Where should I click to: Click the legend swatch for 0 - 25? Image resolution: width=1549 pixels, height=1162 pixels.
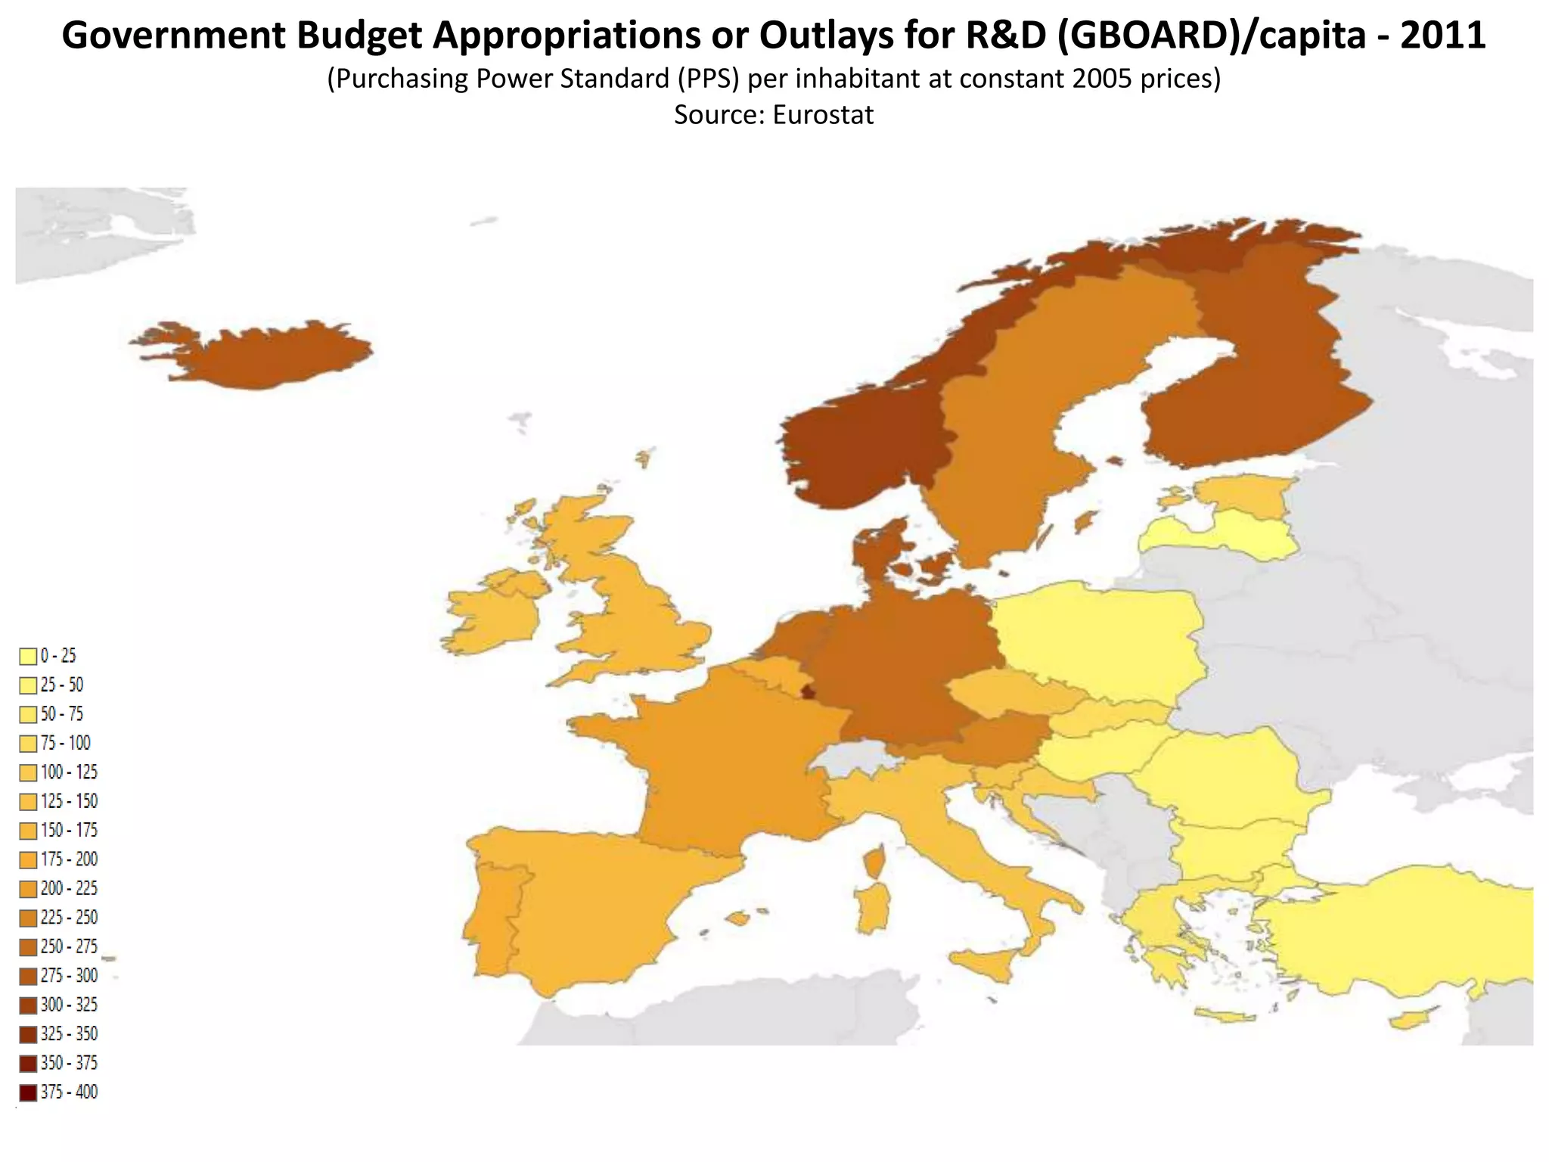point(28,656)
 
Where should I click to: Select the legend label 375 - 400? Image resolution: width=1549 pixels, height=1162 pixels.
point(69,1092)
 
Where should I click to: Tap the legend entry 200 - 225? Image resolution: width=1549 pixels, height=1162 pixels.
point(69,888)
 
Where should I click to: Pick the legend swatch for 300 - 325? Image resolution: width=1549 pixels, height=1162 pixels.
point(28,1005)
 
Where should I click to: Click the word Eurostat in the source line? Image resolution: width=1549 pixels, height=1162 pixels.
point(823,115)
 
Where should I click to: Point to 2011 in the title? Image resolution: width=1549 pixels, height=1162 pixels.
point(1442,36)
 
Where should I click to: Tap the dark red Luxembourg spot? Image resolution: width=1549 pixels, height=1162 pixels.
point(809,691)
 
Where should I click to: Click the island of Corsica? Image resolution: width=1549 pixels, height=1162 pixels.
point(876,861)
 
